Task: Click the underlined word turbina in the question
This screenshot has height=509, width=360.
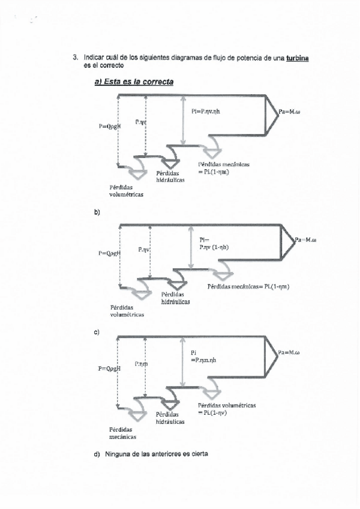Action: (298, 58)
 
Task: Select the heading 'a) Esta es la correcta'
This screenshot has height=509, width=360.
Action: (134, 82)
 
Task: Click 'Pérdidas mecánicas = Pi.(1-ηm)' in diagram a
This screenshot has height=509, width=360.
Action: (223, 168)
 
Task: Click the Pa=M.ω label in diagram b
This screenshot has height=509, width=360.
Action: (306, 239)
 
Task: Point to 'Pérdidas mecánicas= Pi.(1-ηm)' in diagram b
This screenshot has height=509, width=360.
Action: (248, 286)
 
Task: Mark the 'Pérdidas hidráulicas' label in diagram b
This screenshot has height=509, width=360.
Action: (175, 298)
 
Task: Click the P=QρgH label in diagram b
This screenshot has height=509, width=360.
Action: (110, 253)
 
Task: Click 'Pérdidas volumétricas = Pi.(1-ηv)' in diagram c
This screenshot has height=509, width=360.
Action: (227, 409)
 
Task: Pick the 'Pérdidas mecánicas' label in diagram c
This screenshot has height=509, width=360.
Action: (122, 433)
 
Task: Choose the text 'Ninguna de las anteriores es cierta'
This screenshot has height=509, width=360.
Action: (157, 454)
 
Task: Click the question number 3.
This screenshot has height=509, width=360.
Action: (76, 58)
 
